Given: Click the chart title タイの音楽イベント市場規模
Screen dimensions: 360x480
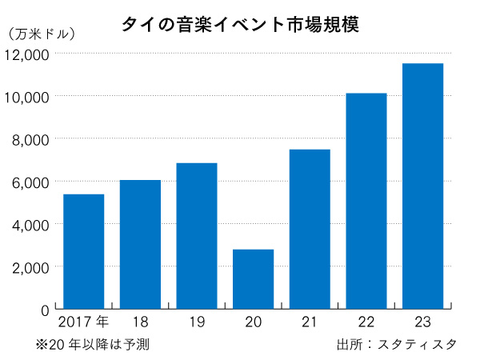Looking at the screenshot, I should point(240,24).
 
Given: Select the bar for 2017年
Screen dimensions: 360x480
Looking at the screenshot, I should point(83,251).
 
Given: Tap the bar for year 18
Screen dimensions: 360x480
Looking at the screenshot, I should point(140,244).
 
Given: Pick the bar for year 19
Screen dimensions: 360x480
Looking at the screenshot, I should point(197,236).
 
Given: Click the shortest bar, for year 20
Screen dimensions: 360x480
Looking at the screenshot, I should point(253,278).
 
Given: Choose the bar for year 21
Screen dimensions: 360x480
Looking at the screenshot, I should point(310,229).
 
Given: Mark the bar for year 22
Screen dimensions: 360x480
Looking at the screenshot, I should point(366,201).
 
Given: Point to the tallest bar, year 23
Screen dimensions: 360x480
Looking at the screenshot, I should point(422,186).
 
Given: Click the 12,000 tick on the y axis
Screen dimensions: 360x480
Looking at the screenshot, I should point(27,54).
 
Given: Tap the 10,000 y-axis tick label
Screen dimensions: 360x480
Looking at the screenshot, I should point(27,97).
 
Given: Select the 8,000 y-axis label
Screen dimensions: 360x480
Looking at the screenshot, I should point(31,139).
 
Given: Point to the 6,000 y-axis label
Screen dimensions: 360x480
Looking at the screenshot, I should point(31,182).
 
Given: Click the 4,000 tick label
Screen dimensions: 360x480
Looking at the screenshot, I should point(31,224).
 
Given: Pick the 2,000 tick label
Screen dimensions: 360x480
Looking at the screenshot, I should point(31,266).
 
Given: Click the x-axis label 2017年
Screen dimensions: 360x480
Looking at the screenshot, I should point(83,322).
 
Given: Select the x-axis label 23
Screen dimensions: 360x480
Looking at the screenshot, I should point(422,322).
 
